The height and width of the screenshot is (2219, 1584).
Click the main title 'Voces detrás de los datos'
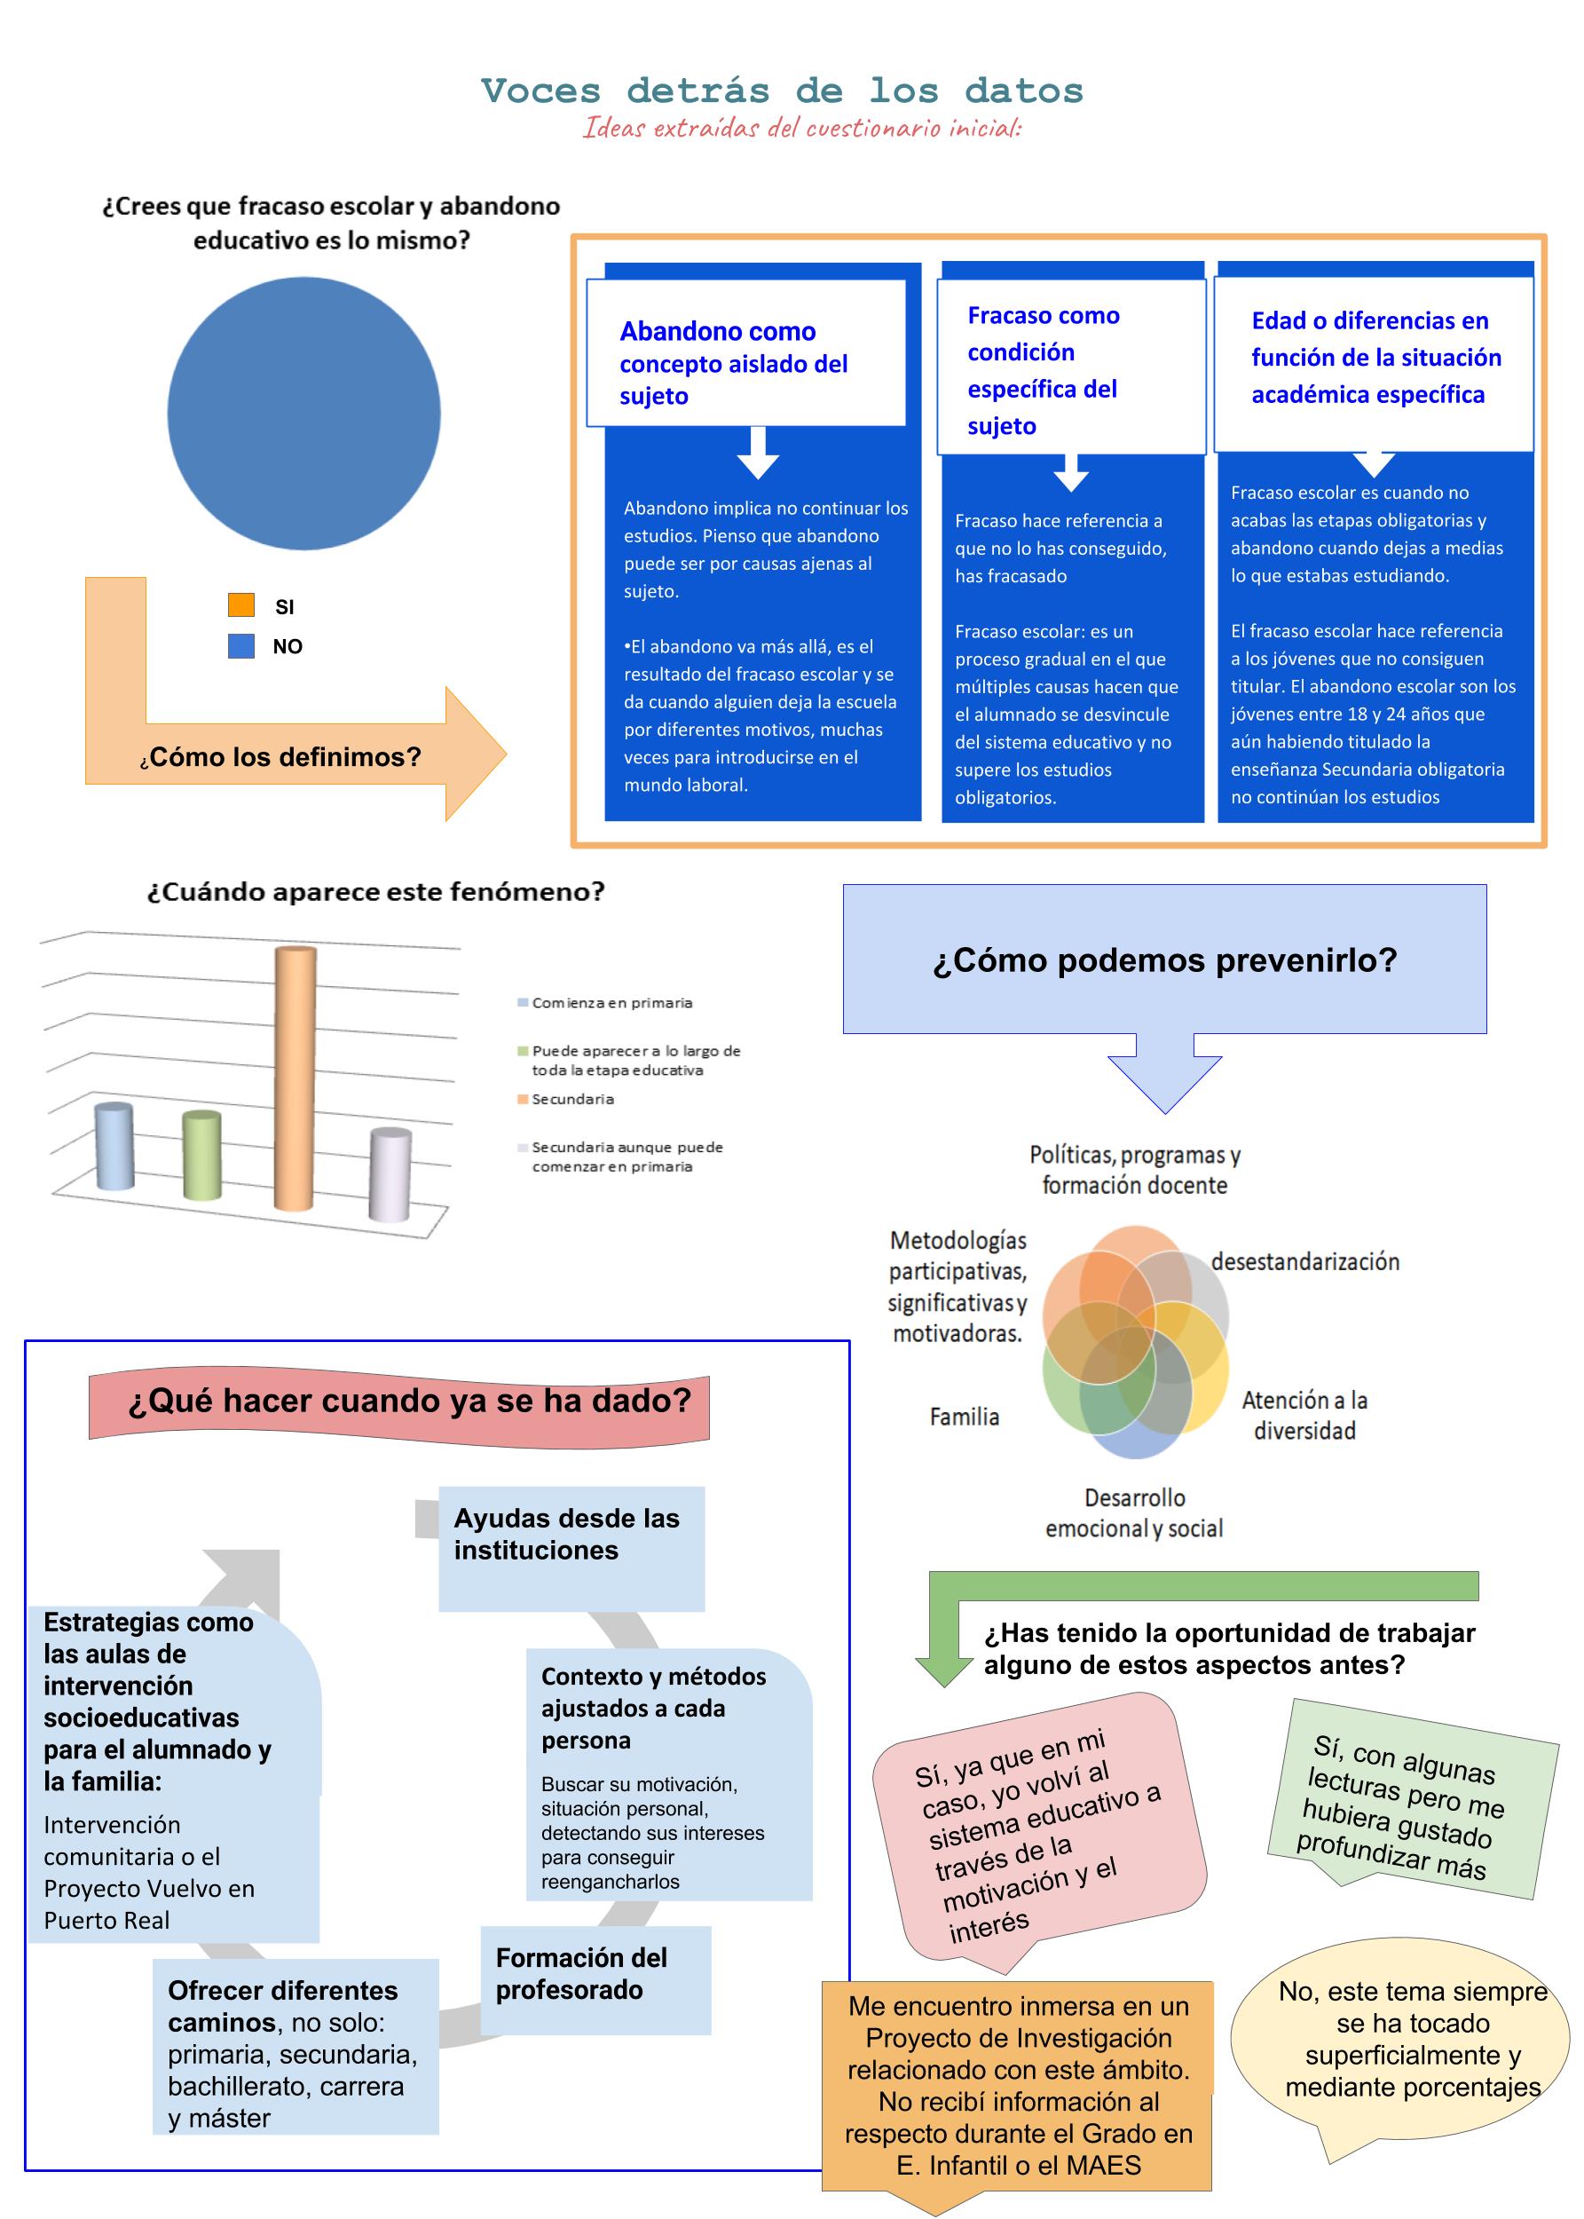[783, 91]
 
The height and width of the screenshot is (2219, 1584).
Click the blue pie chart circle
[303, 413]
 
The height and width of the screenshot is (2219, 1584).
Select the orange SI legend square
[240, 604]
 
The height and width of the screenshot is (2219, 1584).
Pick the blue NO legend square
[240, 644]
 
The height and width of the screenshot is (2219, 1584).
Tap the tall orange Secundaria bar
[295, 1078]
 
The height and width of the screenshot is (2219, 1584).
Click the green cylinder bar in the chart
[202, 1156]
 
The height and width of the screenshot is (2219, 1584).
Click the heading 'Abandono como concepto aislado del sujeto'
[734, 363]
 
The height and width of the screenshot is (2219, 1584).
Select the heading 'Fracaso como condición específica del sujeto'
[1043, 371]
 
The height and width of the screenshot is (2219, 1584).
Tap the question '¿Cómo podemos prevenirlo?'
[1164, 959]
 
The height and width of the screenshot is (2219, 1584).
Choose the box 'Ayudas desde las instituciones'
[571, 1548]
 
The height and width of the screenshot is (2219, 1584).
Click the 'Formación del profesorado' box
[596, 1979]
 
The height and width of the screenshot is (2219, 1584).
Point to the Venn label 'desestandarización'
[1305, 1261]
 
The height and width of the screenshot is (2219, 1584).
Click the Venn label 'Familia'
[964, 1417]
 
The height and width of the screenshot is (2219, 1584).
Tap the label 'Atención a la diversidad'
[1304, 1416]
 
